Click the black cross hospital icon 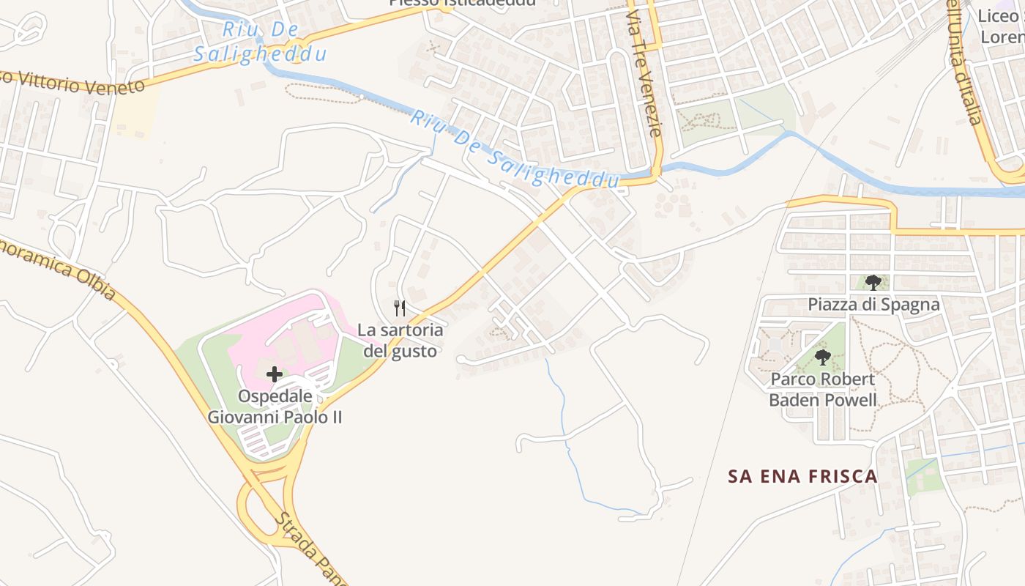275,374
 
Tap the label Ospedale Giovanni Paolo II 275,407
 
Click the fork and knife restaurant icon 400,308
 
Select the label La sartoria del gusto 400,341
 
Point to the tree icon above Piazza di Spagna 873,283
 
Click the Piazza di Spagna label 873,304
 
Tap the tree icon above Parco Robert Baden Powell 823,357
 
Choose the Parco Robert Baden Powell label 822,390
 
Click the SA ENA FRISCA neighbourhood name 802,477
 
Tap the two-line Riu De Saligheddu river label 260,42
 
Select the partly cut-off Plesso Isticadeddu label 462,3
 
